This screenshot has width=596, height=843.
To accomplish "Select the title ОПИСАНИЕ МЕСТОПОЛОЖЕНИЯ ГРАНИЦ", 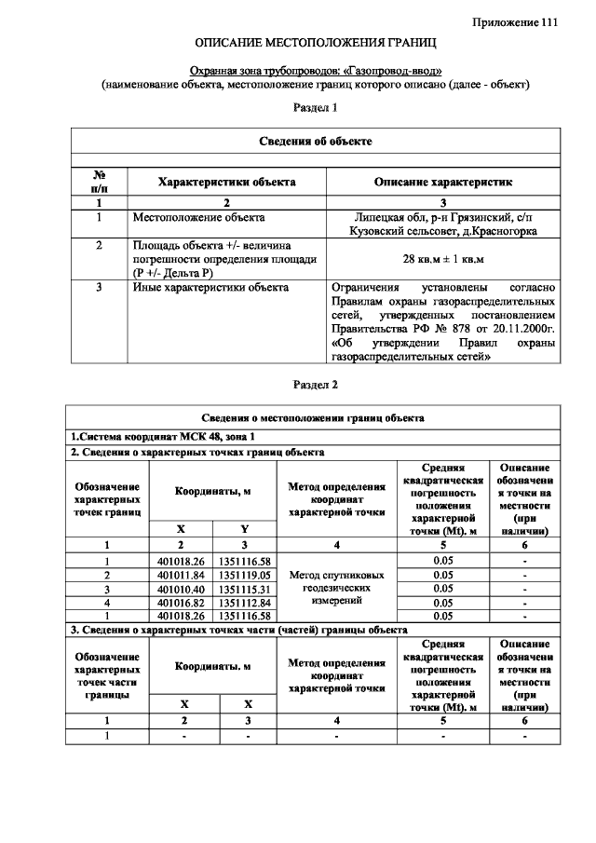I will click(x=316, y=44).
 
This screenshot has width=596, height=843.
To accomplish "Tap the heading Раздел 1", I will click(x=316, y=108).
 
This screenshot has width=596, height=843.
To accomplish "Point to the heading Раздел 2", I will click(x=316, y=384).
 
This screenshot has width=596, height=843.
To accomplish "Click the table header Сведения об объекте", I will click(x=316, y=141).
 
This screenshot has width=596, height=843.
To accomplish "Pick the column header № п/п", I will click(x=99, y=181).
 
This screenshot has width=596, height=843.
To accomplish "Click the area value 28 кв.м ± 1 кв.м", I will click(x=442, y=257).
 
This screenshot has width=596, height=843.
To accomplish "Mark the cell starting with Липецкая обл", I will click(x=442, y=224).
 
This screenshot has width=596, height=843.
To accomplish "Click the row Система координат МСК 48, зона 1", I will click(x=162, y=436).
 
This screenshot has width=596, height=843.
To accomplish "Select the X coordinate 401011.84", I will click(x=181, y=576).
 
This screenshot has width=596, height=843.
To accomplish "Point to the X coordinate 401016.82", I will click(x=181, y=603).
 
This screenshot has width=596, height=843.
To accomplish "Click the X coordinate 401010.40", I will click(x=181, y=590).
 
